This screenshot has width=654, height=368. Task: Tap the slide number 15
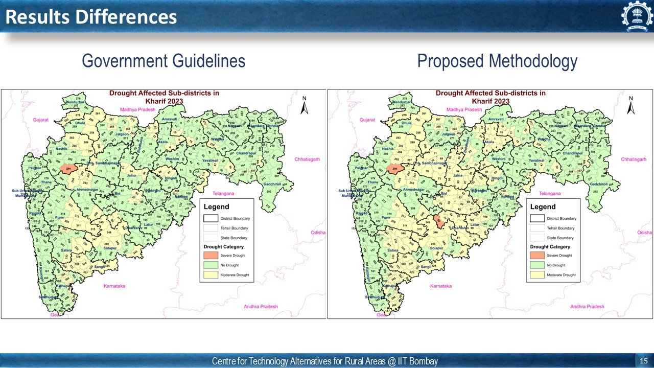point(643,361)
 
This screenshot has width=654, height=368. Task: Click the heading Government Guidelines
point(163,61)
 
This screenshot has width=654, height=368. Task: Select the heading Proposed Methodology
point(497,61)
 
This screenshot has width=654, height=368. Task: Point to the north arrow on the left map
point(305,106)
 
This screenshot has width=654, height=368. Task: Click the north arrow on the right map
point(631,106)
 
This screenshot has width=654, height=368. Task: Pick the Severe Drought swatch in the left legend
point(210,255)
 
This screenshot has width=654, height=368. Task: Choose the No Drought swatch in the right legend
point(536,265)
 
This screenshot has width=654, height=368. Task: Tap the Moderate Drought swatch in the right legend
point(536,275)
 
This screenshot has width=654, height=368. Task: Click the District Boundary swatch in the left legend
point(210,218)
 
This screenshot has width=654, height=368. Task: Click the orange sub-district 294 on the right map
point(394,168)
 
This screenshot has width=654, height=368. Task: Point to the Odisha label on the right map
point(644,233)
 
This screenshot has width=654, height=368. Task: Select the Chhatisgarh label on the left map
point(307,159)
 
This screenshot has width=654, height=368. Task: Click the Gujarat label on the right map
point(367,120)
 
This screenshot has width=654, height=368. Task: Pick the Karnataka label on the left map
point(114,286)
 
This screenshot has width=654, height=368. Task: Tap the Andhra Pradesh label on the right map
point(587,307)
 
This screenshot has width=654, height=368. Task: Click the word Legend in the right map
point(543,207)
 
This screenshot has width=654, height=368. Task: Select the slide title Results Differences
point(91,17)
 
